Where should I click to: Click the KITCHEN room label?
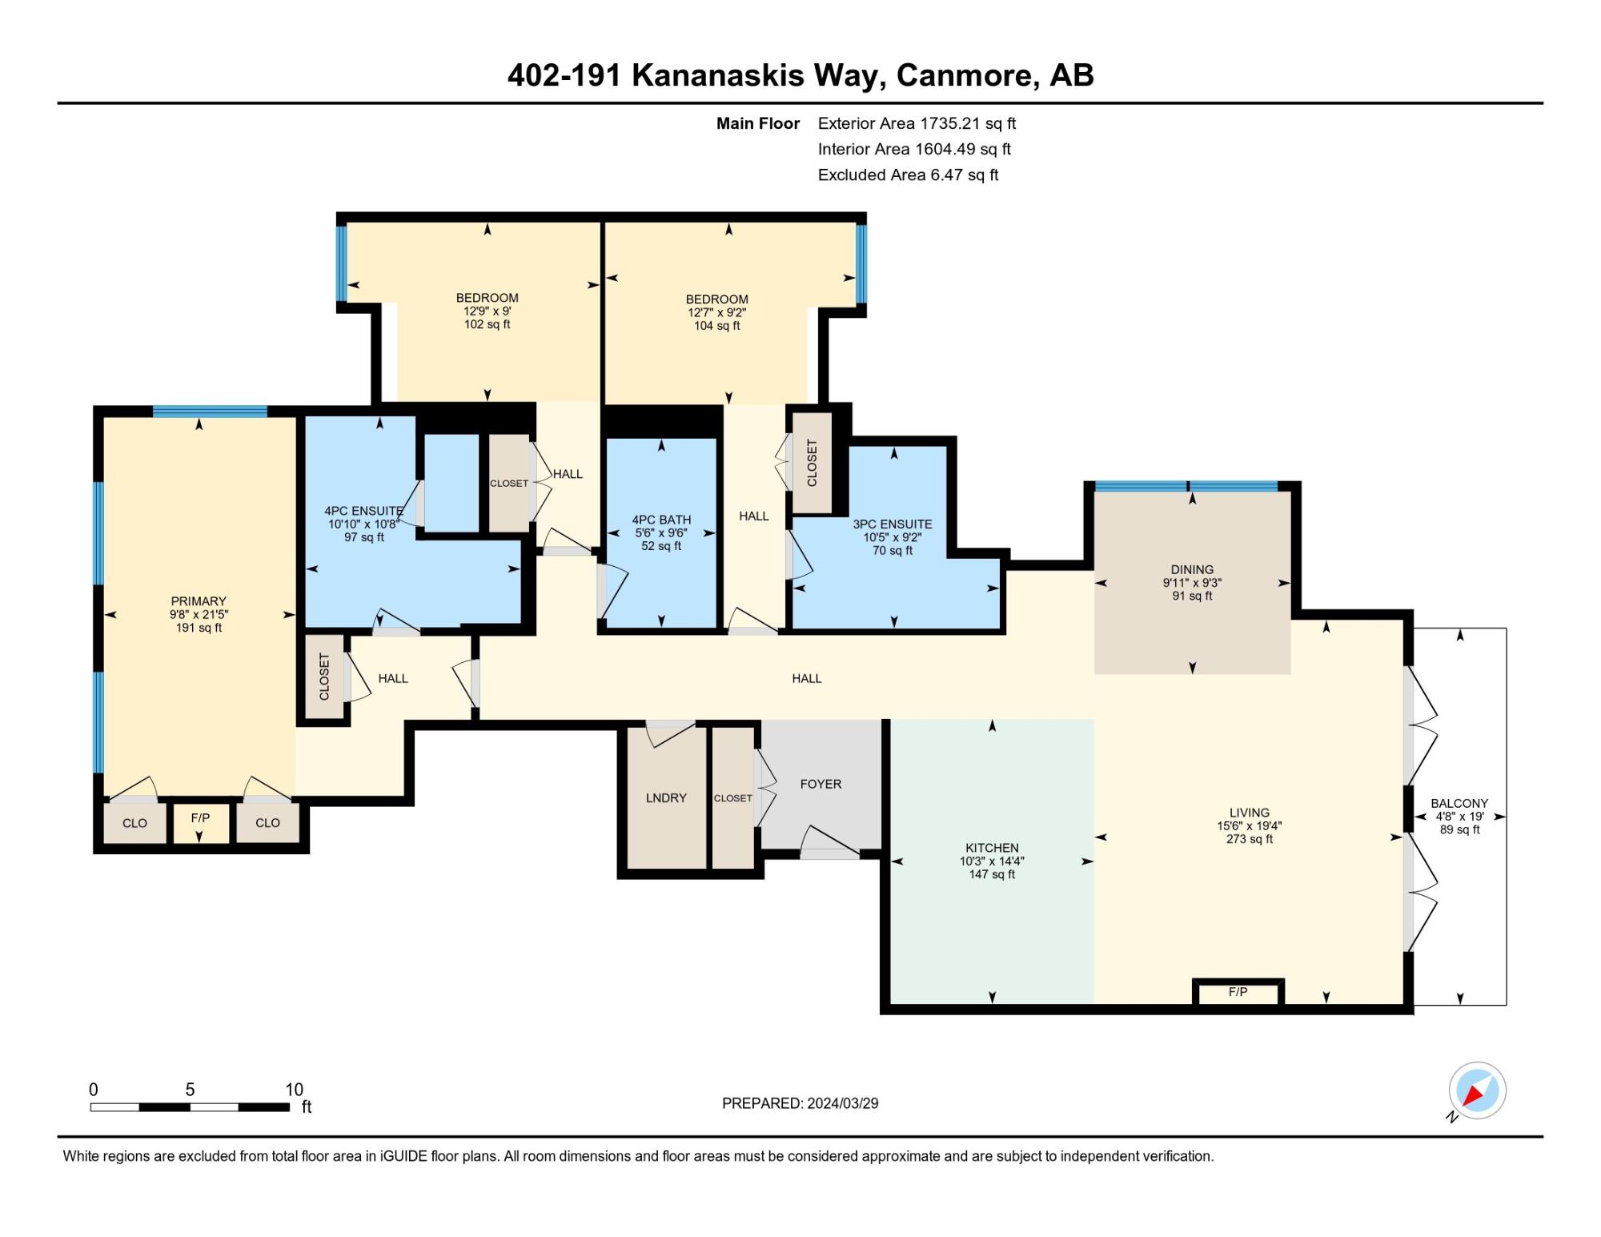point(992,848)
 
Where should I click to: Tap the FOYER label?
point(821,784)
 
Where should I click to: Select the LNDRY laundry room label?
point(666,797)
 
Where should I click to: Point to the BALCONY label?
point(1459,803)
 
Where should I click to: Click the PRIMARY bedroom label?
point(199,601)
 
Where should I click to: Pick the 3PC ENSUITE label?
point(893,524)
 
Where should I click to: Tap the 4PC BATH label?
point(661,520)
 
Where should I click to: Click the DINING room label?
point(1192,570)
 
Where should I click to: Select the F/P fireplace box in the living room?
point(1238,992)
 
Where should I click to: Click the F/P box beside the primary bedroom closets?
point(201,822)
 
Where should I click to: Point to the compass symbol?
point(1477,1090)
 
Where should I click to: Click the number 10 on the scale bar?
point(294,1090)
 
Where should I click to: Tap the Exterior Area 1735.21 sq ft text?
point(917,123)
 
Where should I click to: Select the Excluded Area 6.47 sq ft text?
point(908,175)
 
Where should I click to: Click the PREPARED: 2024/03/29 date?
point(800,1103)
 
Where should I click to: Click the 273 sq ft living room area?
point(1249,839)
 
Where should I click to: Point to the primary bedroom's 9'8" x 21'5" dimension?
point(199,614)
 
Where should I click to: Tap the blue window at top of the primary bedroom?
point(210,412)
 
